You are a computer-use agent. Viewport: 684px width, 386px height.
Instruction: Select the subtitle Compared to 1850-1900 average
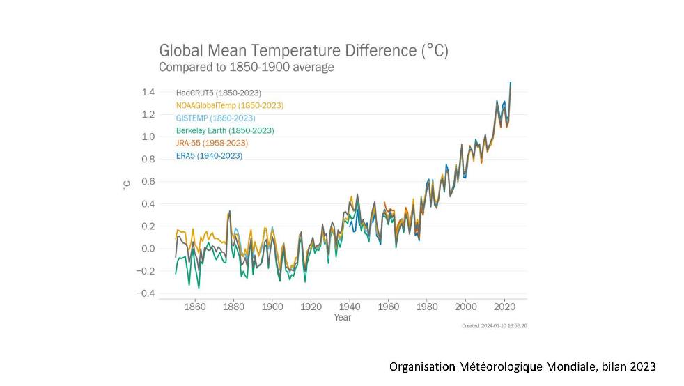pos(247,68)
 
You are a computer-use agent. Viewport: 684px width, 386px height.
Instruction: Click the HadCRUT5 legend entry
pos(219,93)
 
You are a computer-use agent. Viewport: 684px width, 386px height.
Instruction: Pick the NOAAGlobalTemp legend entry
pos(230,105)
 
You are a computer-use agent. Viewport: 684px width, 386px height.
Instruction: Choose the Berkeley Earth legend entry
pos(225,130)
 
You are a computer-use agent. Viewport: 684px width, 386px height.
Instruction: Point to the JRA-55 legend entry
pos(212,143)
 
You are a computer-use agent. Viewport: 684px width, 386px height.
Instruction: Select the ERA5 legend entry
pos(209,155)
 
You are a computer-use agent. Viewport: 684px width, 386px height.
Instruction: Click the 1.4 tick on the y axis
pos(148,92)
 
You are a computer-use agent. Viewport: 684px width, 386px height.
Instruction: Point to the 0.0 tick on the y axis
pos(148,249)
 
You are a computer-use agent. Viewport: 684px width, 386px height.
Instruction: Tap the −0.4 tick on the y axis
pos(145,293)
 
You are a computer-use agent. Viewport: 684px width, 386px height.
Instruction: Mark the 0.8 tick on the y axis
pos(148,160)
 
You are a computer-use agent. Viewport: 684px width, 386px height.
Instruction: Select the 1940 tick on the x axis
pos(350,306)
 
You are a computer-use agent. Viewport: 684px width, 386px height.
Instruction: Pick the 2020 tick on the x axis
pos(504,306)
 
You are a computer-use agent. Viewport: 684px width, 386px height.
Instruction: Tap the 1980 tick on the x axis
pos(427,306)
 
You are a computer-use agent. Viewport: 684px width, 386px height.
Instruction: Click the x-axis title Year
pos(343,318)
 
